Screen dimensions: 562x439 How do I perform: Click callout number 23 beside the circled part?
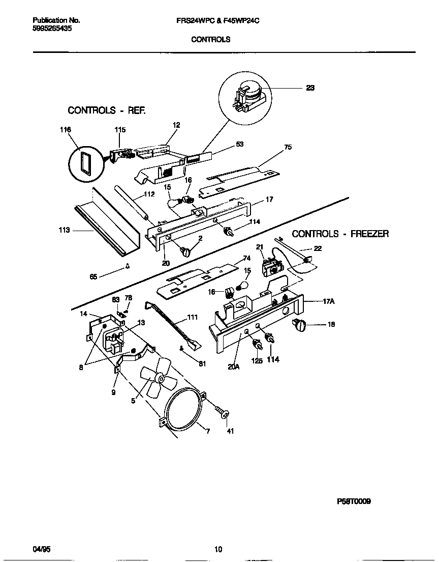click(310, 88)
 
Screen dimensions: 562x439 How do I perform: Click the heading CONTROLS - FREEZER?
click(340, 234)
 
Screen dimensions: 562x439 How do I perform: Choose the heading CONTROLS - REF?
click(107, 110)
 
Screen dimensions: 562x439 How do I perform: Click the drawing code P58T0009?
click(354, 501)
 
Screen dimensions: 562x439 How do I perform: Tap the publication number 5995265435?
click(52, 29)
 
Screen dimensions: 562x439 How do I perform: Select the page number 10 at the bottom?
click(218, 549)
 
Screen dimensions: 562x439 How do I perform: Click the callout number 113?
click(65, 230)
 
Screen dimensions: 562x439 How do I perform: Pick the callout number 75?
click(288, 148)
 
